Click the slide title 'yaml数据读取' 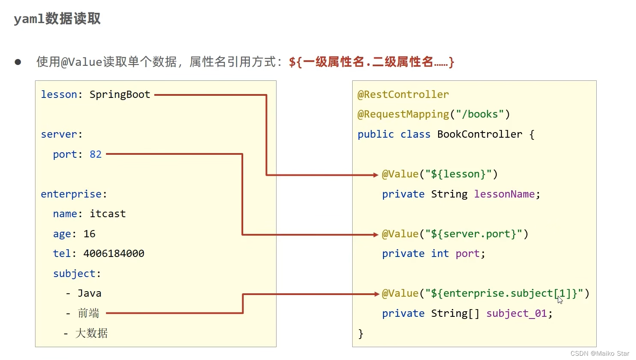pos(57,19)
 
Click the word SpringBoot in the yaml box pos(120,94)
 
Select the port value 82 pos(95,154)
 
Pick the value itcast pos(108,214)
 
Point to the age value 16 pos(89,234)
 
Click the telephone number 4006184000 pos(114,254)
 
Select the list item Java pos(89,293)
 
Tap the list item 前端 pos(88,313)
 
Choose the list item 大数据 pos(91,333)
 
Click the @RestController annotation pos(403,94)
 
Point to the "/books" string pos(480,114)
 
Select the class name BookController pos(480,134)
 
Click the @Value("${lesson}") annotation pos(439,174)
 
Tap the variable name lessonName pos(504,194)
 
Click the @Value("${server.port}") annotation pos(455,234)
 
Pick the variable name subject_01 pos(517,313)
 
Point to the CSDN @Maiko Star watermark pos(600,354)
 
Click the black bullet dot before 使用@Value pos(18,62)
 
